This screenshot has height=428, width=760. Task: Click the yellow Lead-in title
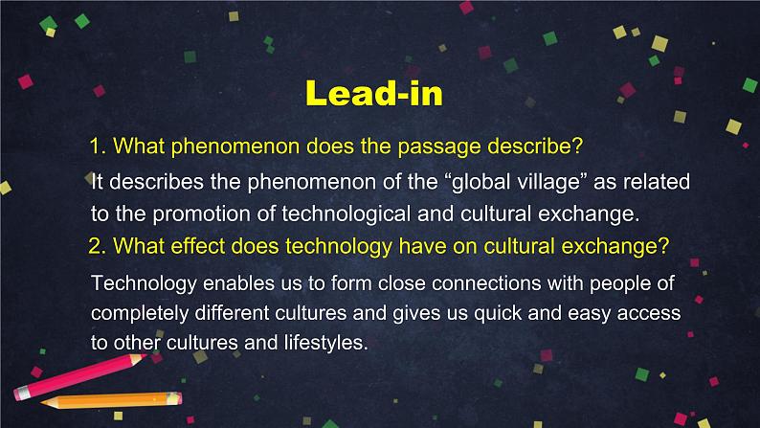click(x=374, y=93)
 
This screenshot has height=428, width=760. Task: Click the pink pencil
click(x=80, y=376)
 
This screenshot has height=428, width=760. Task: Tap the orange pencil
click(x=111, y=400)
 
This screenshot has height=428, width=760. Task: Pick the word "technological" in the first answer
click(x=346, y=214)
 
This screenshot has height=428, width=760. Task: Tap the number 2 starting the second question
click(x=97, y=246)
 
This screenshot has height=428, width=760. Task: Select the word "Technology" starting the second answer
click(x=144, y=283)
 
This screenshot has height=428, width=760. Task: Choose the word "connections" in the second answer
click(x=486, y=283)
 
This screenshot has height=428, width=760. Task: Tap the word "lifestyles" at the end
click(x=325, y=343)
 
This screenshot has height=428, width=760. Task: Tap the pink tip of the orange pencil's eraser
click(x=180, y=399)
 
